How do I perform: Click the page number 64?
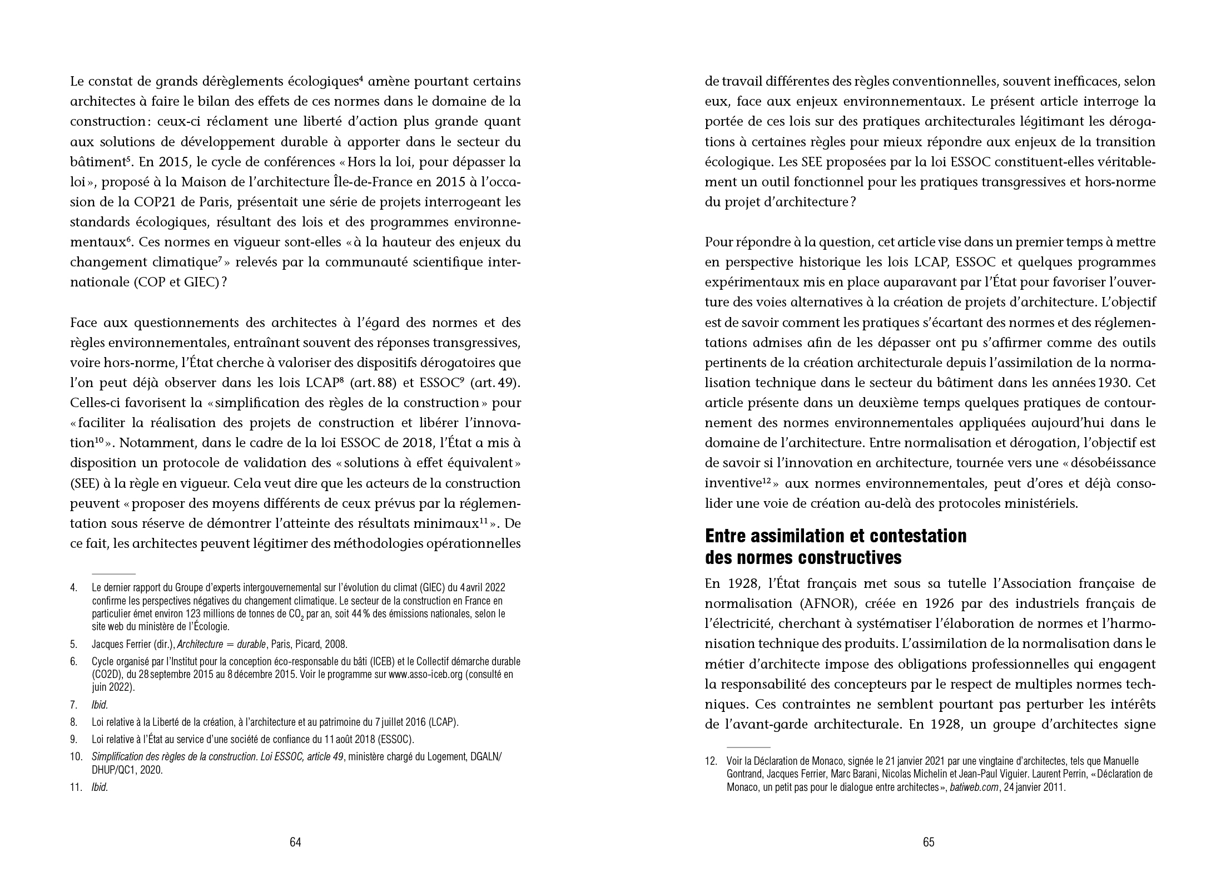point(295,842)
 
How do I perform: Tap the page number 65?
point(929,842)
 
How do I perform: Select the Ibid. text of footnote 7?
point(100,705)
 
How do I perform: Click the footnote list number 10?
point(76,758)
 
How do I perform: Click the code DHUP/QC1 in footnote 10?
point(118,771)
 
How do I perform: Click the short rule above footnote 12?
point(748,748)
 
